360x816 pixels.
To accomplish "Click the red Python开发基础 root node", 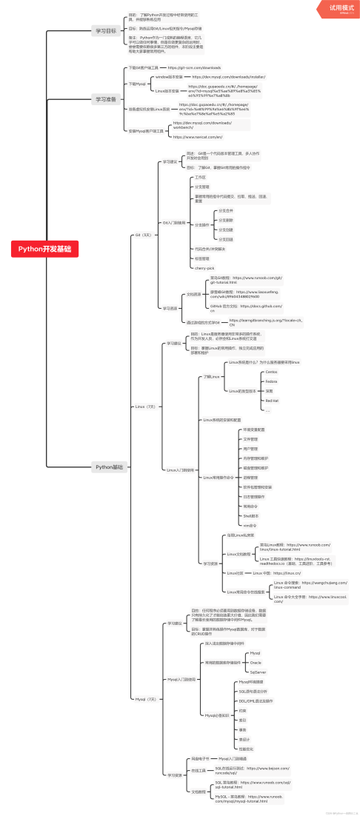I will coord(44,249).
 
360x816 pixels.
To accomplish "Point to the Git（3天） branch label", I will coord(143,234).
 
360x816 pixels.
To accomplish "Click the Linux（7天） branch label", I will coord(145,407).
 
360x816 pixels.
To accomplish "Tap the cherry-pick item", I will coord(204,267).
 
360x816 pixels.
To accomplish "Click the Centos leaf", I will coord(271,371).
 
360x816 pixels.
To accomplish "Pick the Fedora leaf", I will coord(271,381).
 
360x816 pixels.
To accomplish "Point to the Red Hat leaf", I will coord(272,400).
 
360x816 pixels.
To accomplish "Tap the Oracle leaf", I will coord(256,662).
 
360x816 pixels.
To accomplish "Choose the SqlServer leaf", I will coord(258,672).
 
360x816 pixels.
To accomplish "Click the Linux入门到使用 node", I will coord(180,469).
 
